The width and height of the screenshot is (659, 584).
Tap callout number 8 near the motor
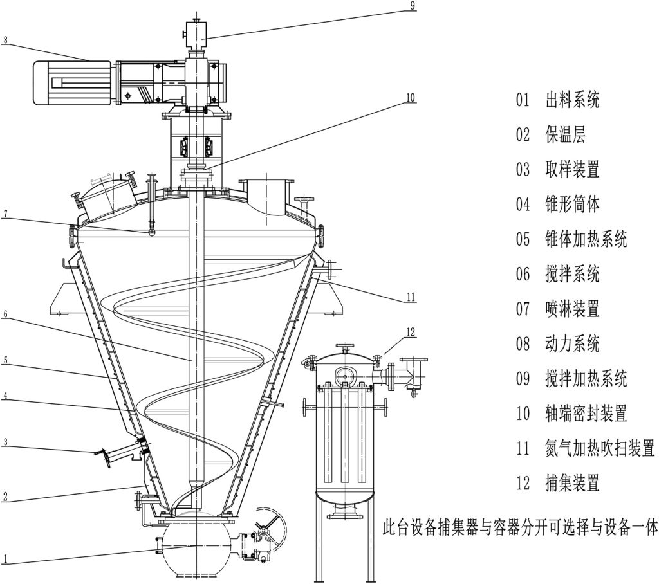pyautogui.click(x=5, y=40)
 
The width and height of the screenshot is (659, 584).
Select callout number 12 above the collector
pyautogui.click(x=412, y=333)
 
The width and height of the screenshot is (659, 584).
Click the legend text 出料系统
pyautogui.click(x=572, y=100)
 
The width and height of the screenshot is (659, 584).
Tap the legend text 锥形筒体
pyautogui.click(x=572, y=205)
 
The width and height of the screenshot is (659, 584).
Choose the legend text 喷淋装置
pyautogui.click(x=572, y=309)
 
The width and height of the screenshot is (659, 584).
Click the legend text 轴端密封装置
pyautogui.click(x=586, y=413)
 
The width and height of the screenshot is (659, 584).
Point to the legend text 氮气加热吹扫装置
pyautogui.click(x=599, y=448)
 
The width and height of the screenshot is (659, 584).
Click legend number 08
pyautogui.click(x=522, y=343)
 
